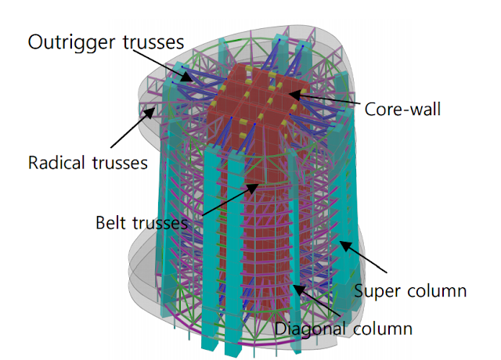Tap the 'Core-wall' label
pos(402,109)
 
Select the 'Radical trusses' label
pos(88,164)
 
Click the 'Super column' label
pos(411,291)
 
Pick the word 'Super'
pos(378,291)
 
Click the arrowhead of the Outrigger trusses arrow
pos(189,79)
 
